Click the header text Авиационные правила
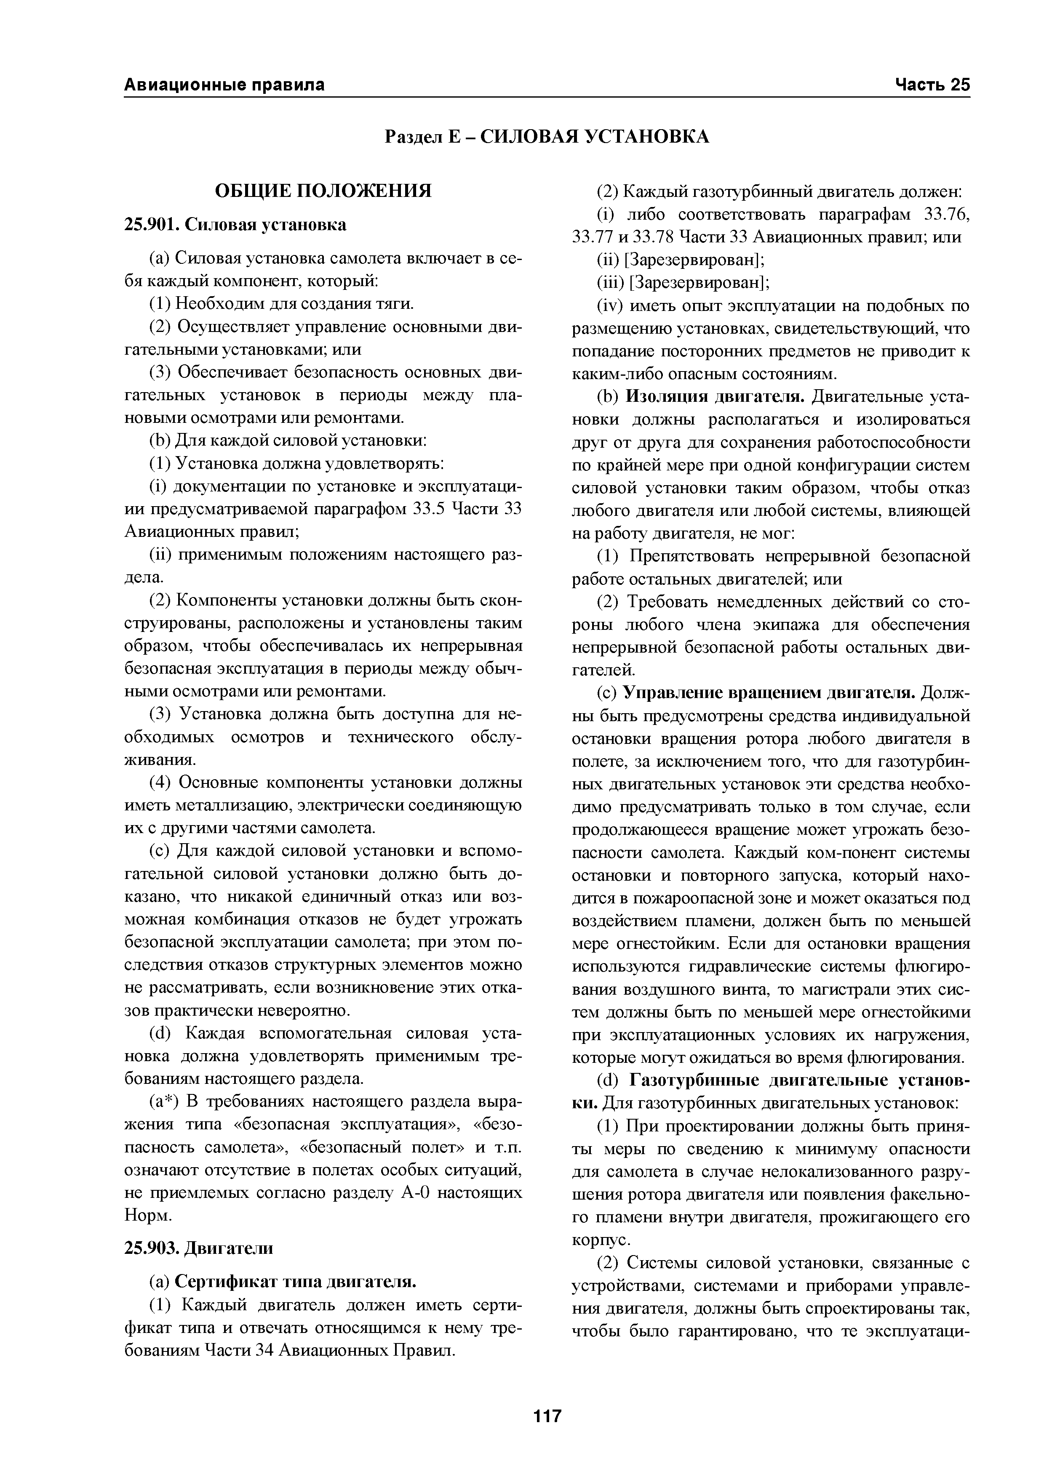pyautogui.click(x=224, y=85)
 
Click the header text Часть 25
pyautogui.click(x=932, y=85)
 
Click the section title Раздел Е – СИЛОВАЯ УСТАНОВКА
pyautogui.click(x=547, y=136)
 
